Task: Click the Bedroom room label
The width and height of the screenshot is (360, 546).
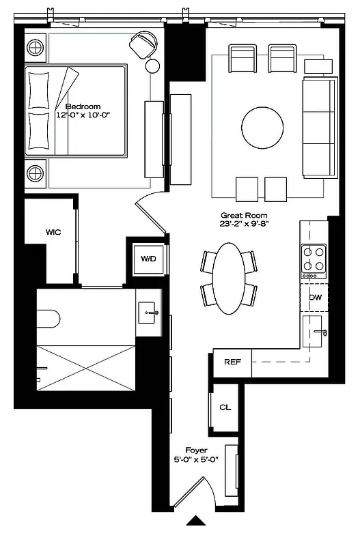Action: (83, 106)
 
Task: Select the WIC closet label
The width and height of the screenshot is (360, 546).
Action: (53, 232)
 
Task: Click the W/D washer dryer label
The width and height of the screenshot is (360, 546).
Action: (148, 259)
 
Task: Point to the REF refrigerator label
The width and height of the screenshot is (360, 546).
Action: (232, 362)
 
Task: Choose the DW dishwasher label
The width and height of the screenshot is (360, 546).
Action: (315, 298)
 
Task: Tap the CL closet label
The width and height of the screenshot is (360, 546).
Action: (224, 407)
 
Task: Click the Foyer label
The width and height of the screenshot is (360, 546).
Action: (196, 450)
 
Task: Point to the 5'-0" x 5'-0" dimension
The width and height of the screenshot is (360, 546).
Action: (196, 459)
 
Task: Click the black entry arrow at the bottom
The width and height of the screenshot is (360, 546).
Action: (196, 521)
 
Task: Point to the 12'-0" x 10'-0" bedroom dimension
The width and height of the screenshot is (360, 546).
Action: (83, 115)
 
